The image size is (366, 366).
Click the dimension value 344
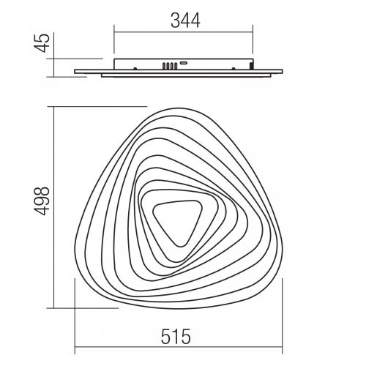point(185,20)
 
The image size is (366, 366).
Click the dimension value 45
point(42,43)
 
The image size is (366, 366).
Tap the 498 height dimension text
point(42,201)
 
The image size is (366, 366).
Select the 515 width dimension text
point(176,336)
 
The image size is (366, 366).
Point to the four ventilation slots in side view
point(170,65)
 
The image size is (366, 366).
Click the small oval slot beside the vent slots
point(184,63)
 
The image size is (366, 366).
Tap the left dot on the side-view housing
point(135,69)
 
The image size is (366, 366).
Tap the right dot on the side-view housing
point(234,69)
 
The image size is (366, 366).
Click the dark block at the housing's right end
point(251,65)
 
